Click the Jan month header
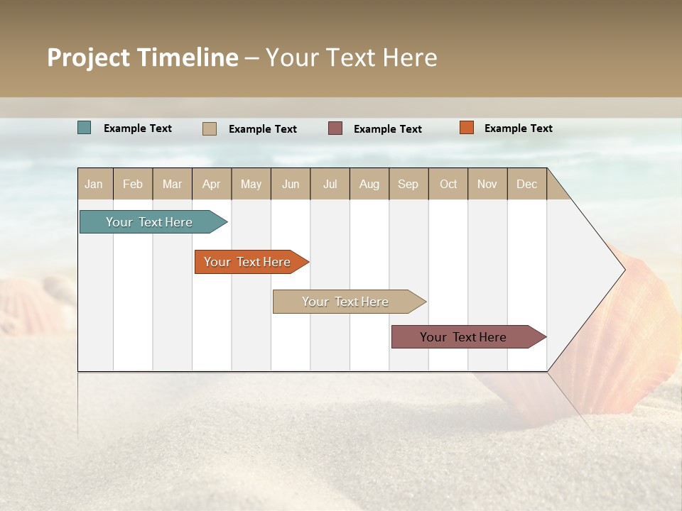click(x=94, y=184)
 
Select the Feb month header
click(x=133, y=184)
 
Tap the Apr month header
click(x=212, y=184)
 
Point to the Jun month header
click(x=291, y=184)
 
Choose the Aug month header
click(x=369, y=184)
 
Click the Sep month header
click(x=408, y=184)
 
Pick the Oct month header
click(x=448, y=184)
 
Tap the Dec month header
click(x=527, y=184)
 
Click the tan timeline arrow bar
click(x=346, y=302)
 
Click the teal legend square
click(x=85, y=128)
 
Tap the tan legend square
click(x=210, y=128)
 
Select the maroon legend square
click(x=335, y=128)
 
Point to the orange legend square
click(x=466, y=128)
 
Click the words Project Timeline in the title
click(x=142, y=57)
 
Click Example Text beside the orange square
click(x=518, y=128)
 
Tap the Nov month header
click(x=487, y=184)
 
